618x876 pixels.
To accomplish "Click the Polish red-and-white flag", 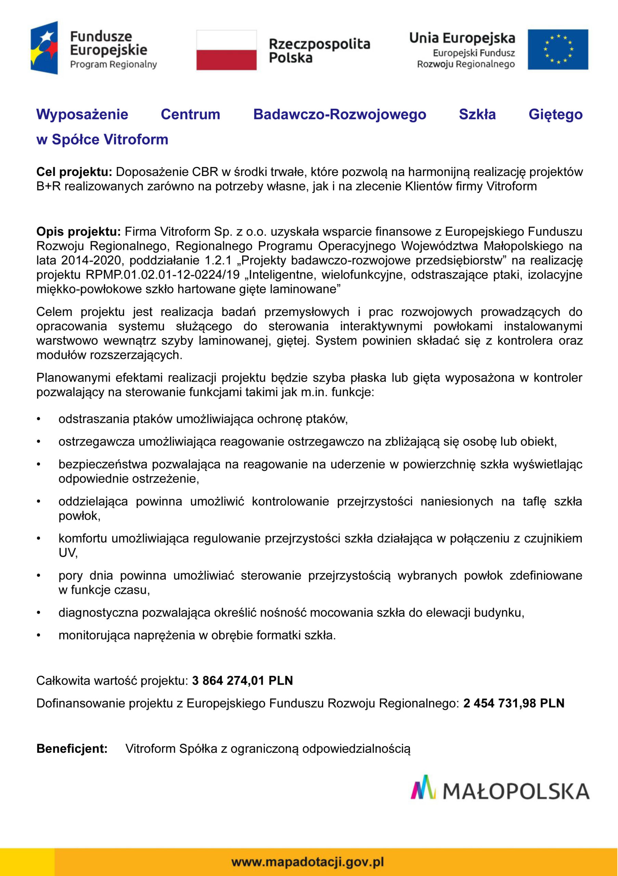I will [x=226, y=50].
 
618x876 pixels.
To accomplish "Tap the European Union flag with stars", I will [x=558, y=50].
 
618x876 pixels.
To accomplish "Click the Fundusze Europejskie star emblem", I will [x=45, y=48].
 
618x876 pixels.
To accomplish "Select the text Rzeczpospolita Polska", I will [x=319, y=51].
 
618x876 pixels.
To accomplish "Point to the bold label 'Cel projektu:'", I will [x=74, y=172].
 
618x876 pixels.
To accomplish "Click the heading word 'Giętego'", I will [x=555, y=114].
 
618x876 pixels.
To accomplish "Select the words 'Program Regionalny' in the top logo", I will [x=113, y=64].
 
